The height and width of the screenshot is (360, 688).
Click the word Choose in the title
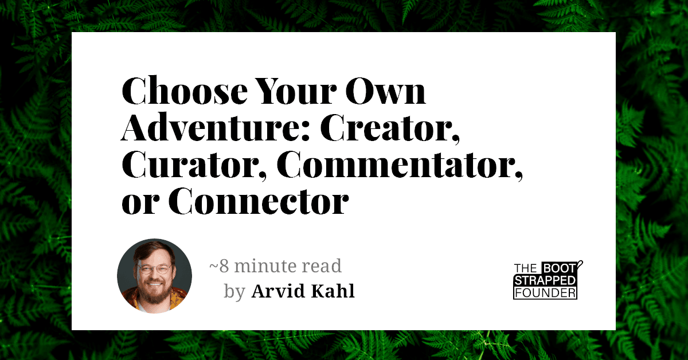185,91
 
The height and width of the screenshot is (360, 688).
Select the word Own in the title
385,91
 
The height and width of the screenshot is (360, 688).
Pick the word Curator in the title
194,165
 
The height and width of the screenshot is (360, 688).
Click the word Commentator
400,165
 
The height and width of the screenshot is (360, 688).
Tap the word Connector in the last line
259,201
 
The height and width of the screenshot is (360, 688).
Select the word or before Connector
140,204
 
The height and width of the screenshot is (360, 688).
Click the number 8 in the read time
224,266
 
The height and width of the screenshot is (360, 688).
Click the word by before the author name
234,292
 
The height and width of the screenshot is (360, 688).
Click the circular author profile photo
154,276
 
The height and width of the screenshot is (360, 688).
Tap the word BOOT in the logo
559,268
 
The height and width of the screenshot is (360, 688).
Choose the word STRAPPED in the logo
545,280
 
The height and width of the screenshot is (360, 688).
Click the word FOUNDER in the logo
545,293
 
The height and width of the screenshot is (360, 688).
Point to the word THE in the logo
526,268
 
